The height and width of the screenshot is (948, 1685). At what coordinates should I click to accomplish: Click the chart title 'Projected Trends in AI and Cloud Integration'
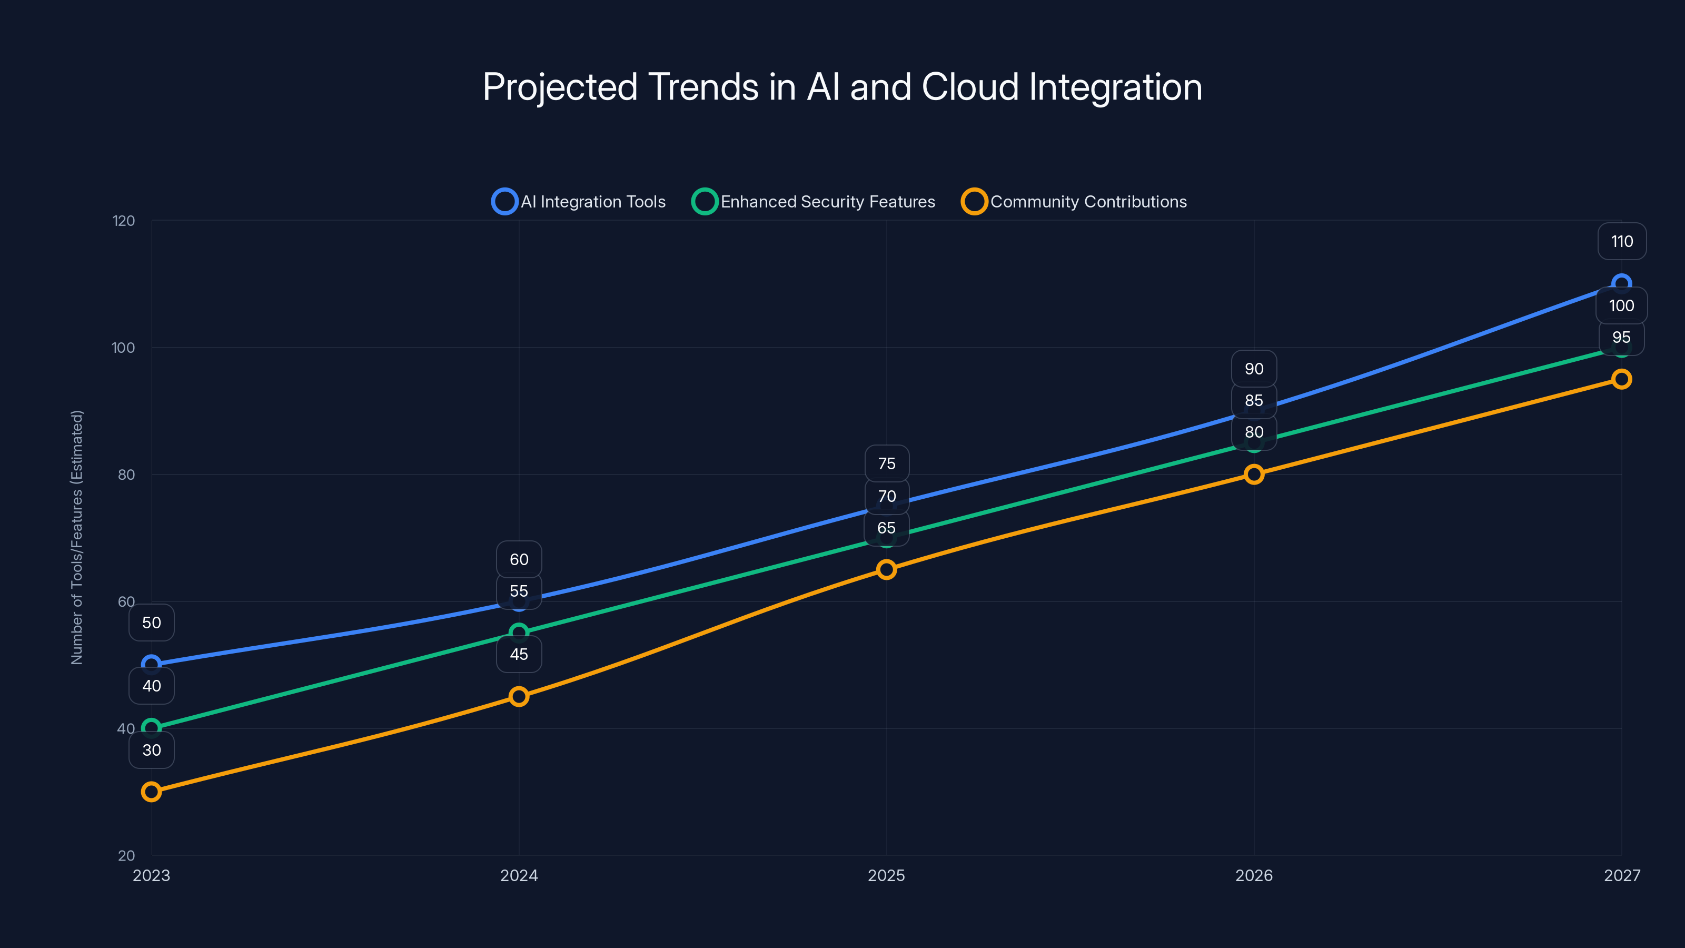click(x=842, y=87)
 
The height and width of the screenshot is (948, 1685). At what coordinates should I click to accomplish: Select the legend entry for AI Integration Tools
click(x=579, y=202)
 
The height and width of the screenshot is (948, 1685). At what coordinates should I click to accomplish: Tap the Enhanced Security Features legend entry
click(x=814, y=202)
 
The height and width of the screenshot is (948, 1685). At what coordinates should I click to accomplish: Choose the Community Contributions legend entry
click(x=1074, y=202)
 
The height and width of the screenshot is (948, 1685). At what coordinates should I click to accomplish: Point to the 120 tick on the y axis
click(x=124, y=221)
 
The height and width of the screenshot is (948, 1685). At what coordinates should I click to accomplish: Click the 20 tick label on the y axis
click(x=126, y=855)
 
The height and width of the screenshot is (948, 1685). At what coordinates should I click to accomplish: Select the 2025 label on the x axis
click(x=886, y=875)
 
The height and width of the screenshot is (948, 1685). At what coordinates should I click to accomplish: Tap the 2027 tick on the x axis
click(x=1622, y=875)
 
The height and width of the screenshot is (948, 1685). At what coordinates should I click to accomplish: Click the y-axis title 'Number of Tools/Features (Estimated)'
click(x=77, y=537)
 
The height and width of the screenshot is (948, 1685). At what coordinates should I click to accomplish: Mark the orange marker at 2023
click(x=151, y=792)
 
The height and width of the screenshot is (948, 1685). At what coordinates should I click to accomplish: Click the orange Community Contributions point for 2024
click(x=519, y=696)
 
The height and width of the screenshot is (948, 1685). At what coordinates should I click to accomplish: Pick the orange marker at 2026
click(x=1253, y=475)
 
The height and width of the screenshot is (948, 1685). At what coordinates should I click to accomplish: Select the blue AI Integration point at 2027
click(x=1621, y=283)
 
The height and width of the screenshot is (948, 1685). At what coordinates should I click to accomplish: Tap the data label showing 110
click(x=1622, y=241)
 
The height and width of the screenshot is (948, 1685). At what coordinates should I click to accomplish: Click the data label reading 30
click(x=151, y=750)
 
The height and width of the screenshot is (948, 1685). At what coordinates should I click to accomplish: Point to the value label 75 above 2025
click(x=886, y=463)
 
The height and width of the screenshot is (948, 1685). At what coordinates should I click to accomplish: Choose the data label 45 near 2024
click(x=519, y=654)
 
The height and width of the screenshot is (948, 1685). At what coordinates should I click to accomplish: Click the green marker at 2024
click(x=519, y=633)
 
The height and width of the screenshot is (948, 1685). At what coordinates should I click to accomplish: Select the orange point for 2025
click(x=886, y=569)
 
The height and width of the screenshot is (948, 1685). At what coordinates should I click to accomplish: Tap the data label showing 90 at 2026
click(x=1253, y=368)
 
